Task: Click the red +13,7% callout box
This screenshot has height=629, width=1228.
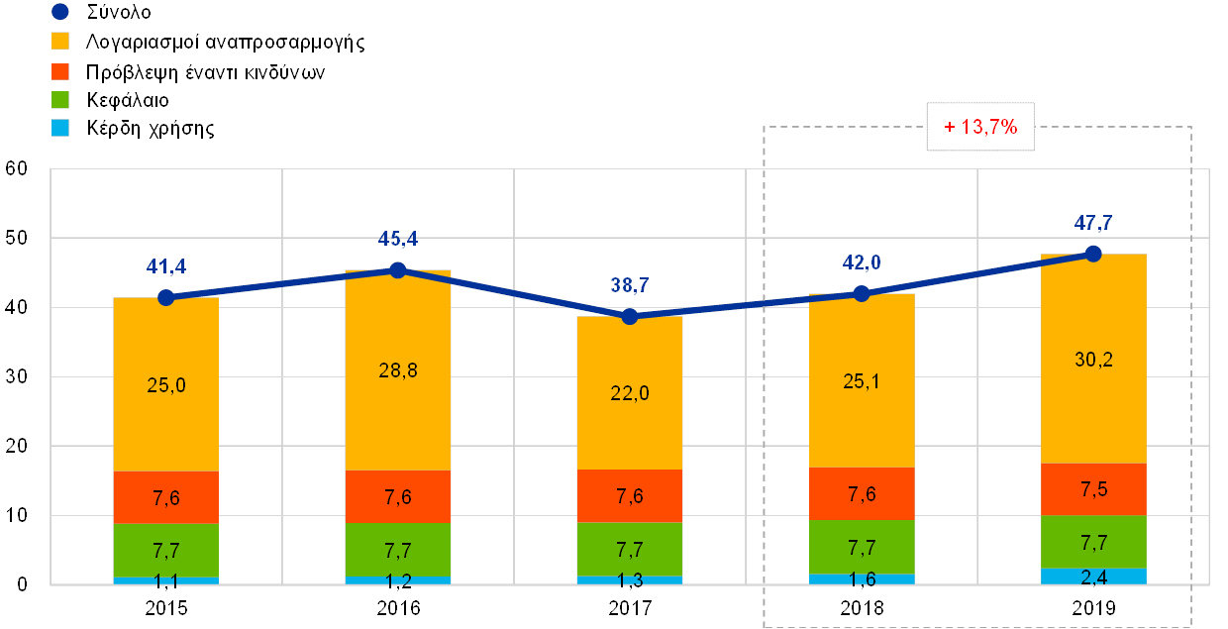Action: [980, 127]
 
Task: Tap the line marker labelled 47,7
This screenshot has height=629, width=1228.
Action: [1093, 254]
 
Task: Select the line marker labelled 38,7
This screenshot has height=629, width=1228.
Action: [630, 316]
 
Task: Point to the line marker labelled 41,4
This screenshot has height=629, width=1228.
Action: [166, 297]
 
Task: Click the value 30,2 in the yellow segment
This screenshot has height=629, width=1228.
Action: [1093, 360]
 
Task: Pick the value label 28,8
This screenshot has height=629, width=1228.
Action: [398, 370]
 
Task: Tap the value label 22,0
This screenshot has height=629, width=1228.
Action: [630, 393]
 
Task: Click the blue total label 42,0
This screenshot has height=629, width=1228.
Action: [862, 262]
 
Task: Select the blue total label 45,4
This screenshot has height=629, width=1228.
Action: [398, 239]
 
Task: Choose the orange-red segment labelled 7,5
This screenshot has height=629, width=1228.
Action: [1093, 489]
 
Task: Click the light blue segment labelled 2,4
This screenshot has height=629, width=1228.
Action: [1093, 576]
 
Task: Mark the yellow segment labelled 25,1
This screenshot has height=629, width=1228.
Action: [862, 380]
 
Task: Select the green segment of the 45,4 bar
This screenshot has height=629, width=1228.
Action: [398, 549]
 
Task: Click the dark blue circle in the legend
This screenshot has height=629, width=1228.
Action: [60, 12]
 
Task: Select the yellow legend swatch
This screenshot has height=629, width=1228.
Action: [60, 42]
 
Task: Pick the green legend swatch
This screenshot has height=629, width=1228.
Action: [60, 100]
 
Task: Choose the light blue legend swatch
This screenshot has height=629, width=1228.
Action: [60, 128]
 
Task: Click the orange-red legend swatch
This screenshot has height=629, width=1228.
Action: [60, 71]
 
